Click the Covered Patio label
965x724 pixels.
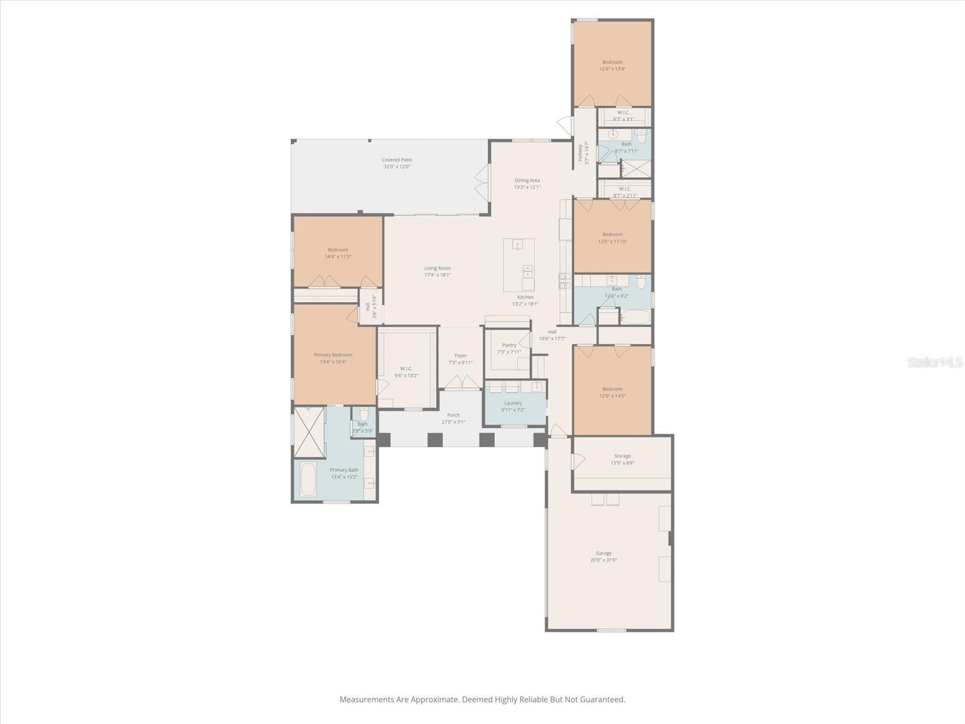[x=396, y=163]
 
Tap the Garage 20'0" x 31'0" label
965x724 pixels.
[x=603, y=556]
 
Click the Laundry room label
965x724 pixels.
[x=513, y=406]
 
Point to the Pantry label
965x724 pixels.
[x=509, y=348]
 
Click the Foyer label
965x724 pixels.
[x=460, y=359]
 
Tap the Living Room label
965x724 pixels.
[x=437, y=271]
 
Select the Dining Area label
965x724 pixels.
[x=527, y=183]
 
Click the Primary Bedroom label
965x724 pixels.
[x=333, y=358]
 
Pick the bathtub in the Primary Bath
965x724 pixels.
[x=308, y=479]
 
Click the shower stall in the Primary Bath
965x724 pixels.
[x=309, y=431]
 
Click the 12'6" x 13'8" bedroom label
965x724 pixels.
[x=612, y=65]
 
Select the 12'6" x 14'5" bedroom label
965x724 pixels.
[x=612, y=392]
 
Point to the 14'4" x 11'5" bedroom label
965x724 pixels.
[x=338, y=253]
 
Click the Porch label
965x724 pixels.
[x=453, y=418]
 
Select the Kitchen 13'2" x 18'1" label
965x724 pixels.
[x=525, y=300]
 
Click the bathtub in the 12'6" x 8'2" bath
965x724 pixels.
[x=636, y=317]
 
